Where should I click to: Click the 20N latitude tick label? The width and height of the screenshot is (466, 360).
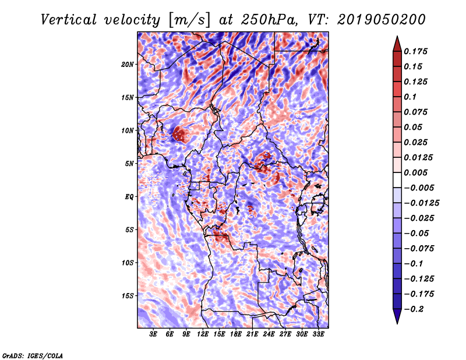click(x=128, y=65)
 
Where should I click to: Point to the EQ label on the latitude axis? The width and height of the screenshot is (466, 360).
click(x=129, y=197)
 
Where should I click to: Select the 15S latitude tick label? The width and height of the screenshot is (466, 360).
click(x=128, y=296)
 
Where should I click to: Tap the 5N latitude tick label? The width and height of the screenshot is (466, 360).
click(x=129, y=164)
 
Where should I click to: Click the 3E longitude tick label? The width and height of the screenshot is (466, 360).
click(x=153, y=334)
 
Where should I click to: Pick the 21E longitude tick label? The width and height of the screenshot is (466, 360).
click(x=252, y=334)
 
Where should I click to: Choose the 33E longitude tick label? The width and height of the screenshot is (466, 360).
click(x=318, y=334)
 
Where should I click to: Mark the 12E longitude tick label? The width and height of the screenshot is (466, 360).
click(x=202, y=334)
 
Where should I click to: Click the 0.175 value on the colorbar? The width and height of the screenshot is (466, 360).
click(x=415, y=51)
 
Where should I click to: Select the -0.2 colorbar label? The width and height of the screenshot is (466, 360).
click(x=414, y=309)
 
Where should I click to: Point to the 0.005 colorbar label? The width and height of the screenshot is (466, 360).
click(x=415, y=172)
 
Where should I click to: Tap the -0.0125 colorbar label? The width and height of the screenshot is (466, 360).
click(x=421, y=203)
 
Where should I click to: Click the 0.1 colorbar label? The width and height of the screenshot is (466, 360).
click(x=410, y=97)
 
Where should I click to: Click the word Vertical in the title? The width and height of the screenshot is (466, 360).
click(x=69, y=20)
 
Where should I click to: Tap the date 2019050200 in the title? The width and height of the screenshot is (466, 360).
click(x=382, y=20)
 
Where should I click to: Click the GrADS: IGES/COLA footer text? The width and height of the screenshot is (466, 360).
click(x=33, y=355)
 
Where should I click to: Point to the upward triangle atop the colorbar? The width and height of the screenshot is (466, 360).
click(x=397, y=45)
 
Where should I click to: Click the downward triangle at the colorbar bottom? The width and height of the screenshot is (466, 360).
click(x=397, y=316)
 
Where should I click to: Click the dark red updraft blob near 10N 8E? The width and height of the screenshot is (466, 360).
click(x=179, y=134)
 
